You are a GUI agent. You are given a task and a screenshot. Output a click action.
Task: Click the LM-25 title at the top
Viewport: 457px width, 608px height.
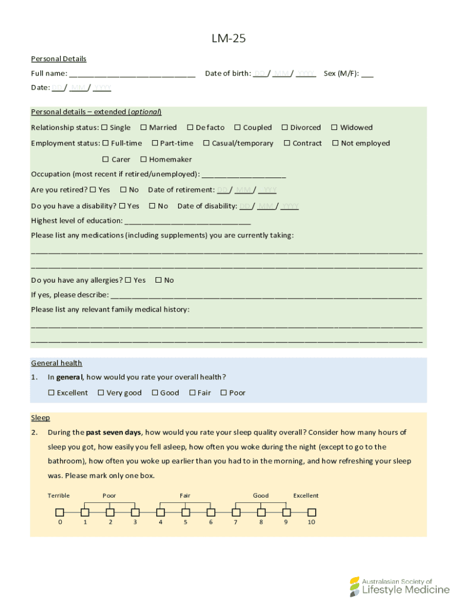click(x=228, y=39)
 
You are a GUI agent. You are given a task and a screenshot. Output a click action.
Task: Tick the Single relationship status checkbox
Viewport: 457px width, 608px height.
click(x=104, y=128)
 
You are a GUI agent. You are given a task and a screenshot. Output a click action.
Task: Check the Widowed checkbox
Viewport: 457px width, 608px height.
click(x=334, y=128)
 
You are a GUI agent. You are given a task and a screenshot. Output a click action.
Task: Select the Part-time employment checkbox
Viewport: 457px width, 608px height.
click(x=155, y=143)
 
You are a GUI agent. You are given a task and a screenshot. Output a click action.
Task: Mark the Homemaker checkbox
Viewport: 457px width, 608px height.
click(x=144, y=159)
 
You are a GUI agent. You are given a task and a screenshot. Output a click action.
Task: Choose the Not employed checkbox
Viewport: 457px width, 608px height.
click(x=335, y=143)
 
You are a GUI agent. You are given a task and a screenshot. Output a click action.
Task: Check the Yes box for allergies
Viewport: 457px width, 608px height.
click(x=128, y=280)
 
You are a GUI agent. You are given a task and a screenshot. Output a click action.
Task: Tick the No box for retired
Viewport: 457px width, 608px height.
click(x=123, y=190)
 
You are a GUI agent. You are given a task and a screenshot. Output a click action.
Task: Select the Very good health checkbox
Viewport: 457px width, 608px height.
click(x=101, y=392)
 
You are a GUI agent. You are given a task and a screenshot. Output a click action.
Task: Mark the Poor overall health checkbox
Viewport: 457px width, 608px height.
click(x=224, y=392)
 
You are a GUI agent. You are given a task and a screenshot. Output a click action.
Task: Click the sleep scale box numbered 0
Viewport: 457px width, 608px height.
click(x=60, y=512)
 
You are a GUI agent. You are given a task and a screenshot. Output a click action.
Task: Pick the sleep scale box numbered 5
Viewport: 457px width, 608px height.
click(x=186, y=512)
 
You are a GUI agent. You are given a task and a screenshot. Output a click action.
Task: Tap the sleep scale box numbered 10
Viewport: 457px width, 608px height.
click(x=312, y=512)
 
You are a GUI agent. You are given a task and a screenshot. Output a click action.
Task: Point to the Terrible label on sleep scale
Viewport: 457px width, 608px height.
click(x=59, y=495)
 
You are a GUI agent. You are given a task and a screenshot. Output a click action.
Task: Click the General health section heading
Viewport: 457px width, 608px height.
click(x=56, y=363)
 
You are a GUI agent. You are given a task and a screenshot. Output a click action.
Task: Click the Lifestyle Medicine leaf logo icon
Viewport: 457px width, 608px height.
click(x=354, y=587)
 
